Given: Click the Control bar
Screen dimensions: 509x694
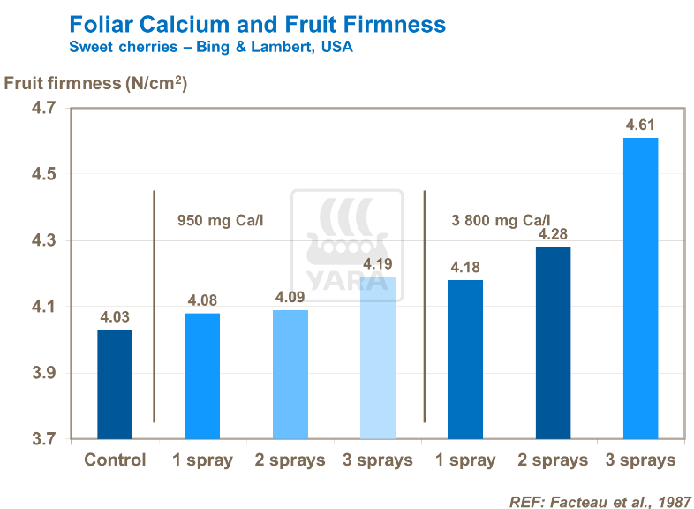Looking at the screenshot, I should pos(115,384).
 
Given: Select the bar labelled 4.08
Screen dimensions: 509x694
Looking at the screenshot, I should pos(202,376).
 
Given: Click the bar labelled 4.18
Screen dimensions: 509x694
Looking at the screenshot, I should pos(465,360).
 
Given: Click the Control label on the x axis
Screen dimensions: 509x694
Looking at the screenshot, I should pos(115,460).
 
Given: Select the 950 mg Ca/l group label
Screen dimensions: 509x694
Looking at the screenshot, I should pos(222,220).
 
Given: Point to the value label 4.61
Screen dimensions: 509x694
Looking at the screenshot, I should pos(641,125).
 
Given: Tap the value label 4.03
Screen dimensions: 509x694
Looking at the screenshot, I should pos(115,316).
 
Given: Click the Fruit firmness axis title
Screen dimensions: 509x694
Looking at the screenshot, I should pos(96,84).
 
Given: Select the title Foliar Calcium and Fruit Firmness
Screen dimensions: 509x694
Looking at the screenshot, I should pos(257,25).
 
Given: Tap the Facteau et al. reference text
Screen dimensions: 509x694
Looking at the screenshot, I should pos(600,501).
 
